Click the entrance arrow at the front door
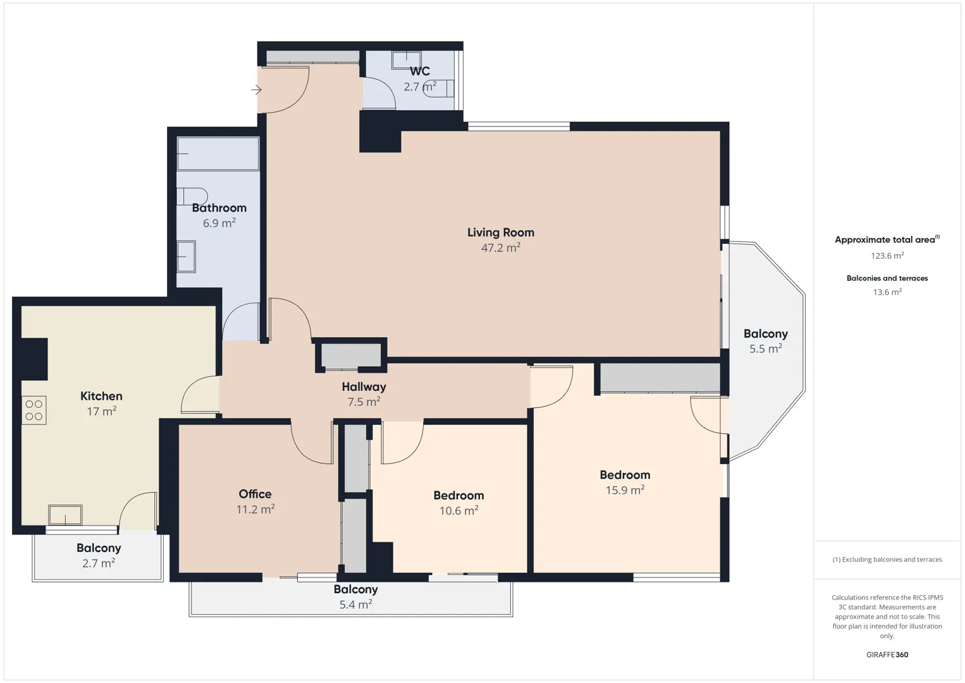coord(256,90)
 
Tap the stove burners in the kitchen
coord(34,410)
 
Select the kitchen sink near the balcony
coord(65,515)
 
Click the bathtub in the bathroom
coord(218,154)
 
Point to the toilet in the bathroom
coord(192,197)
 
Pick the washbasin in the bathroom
coord(186,256)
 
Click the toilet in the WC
coord(438,89)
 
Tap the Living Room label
coord(501,233)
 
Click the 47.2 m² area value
coord(501,248)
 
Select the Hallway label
coord(364,387)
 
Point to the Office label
coord(255,494)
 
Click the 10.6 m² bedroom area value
coord(459,510)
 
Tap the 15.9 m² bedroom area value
coord(625,490)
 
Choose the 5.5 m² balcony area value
coord(766,348)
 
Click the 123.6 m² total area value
coord(887,255)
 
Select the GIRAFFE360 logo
coord(887,655)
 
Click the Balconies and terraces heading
coord(887,278)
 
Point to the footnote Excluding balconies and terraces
coord(887,559)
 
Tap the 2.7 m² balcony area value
coord(99,563)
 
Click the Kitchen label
coord(101,396)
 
